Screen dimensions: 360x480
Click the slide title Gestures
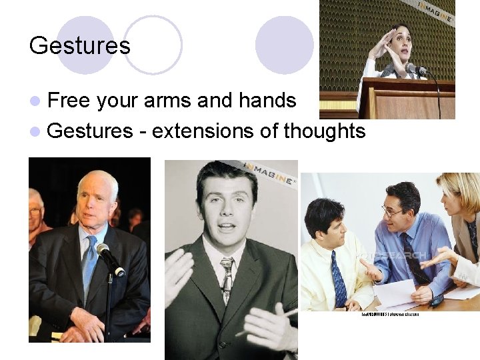point(80,45)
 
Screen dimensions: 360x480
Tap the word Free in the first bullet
point(70,101)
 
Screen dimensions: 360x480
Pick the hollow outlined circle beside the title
point(153,45)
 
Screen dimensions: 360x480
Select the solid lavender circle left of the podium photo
point(285,45)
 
